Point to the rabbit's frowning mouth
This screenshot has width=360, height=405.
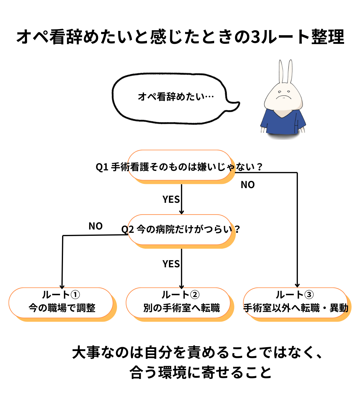click(282, 97)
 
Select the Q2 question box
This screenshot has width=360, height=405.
click(180, 230)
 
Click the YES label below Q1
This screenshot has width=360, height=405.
click(171, 199)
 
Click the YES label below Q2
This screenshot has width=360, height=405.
click(171, 264)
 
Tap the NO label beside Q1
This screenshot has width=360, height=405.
click(247, 185)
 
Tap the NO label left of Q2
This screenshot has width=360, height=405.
click(95, 226)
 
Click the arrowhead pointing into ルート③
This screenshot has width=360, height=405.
click(297, 285)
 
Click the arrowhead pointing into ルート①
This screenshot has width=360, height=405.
click(62, 286)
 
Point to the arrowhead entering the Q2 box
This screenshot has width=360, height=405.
click(181, 212)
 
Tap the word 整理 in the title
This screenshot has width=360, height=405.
click(328, 37)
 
